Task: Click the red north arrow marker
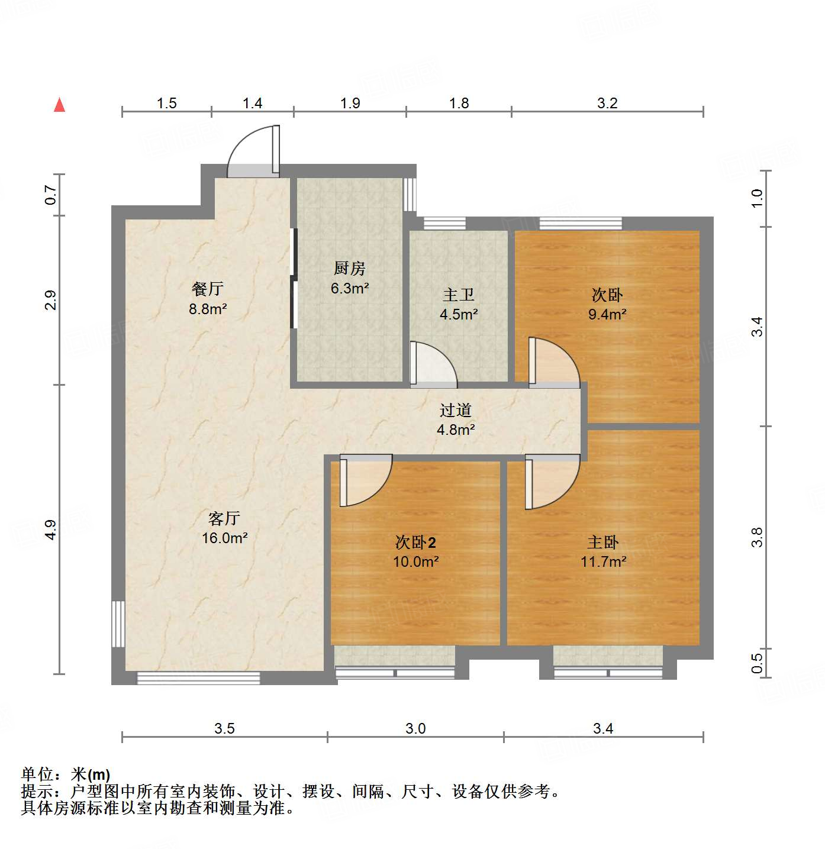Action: click(59, 105)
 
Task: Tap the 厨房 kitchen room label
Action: click(350, 269)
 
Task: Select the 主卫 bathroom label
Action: click(459, 295)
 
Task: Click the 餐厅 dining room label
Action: click(208, 289)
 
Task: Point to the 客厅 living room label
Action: click(224, 518)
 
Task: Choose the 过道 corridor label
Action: click(455, 410)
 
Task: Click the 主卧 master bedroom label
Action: click(603, 542)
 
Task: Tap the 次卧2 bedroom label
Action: click(415, 542)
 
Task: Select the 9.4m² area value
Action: click(607, 314)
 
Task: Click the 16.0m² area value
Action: click(224, 538)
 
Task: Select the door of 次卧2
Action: click(365, 479)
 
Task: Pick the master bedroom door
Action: click(551, 481)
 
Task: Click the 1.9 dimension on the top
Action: click(350, 103)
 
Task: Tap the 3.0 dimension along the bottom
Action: click(415, 728)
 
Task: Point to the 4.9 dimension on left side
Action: click(50, 529)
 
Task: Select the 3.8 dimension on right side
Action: click(757, 537)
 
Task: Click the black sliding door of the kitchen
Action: click(293, 278)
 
